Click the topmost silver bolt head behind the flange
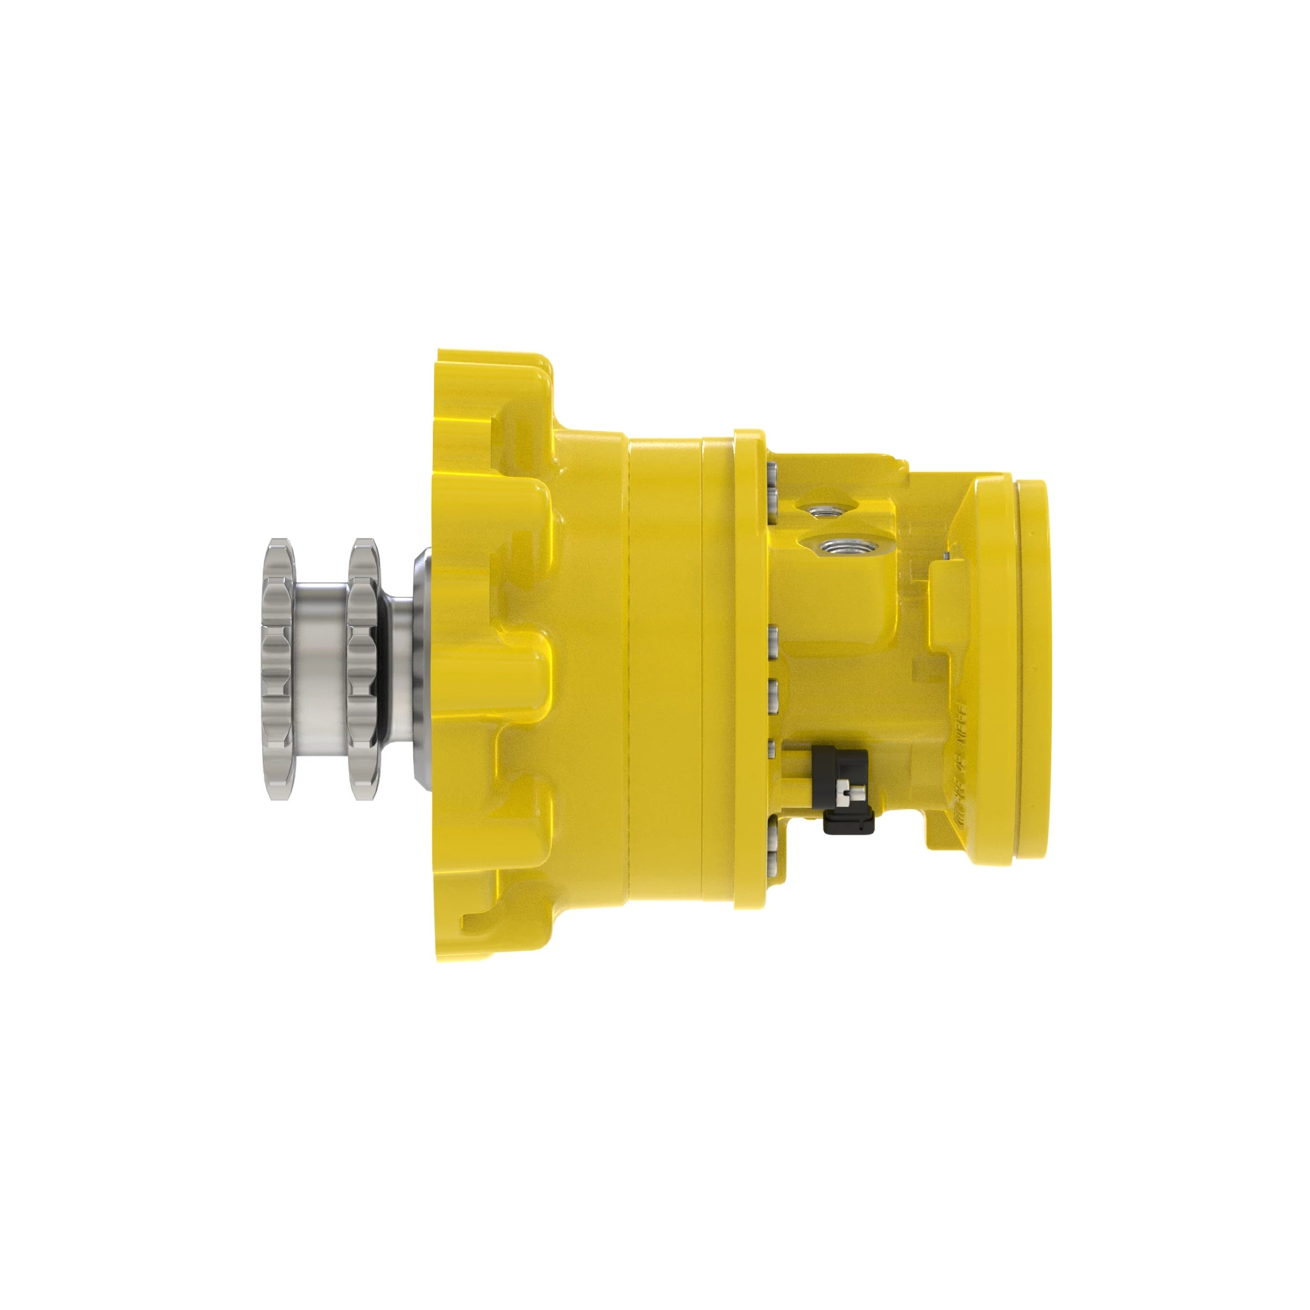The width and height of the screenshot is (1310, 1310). [x=773, y=471]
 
